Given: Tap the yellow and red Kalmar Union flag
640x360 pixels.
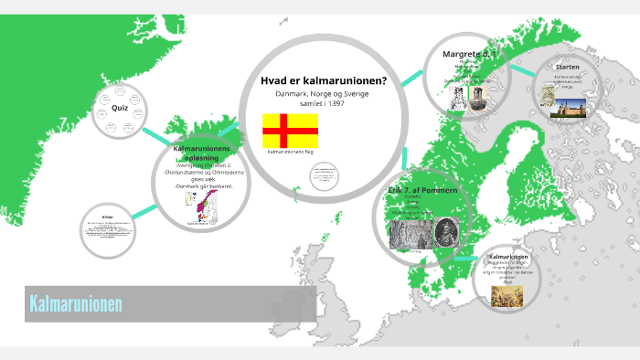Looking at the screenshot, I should coord(290,130).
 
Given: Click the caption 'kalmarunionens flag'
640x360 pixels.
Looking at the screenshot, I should coord(291,153).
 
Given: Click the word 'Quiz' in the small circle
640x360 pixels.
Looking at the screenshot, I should coord(120,108).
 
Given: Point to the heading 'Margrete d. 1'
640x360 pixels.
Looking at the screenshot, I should coord(469,54).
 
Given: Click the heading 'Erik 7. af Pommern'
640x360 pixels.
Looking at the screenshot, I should coord(421,189).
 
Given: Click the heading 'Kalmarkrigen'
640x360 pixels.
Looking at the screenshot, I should coord(509,257).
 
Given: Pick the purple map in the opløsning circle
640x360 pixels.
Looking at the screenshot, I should coord(205,206).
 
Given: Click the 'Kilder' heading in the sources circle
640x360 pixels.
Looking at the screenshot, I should coord(108,217).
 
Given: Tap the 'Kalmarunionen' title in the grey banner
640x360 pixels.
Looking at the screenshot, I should coord(77,302).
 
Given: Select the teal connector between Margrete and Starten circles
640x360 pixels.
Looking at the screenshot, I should coord(522,71).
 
